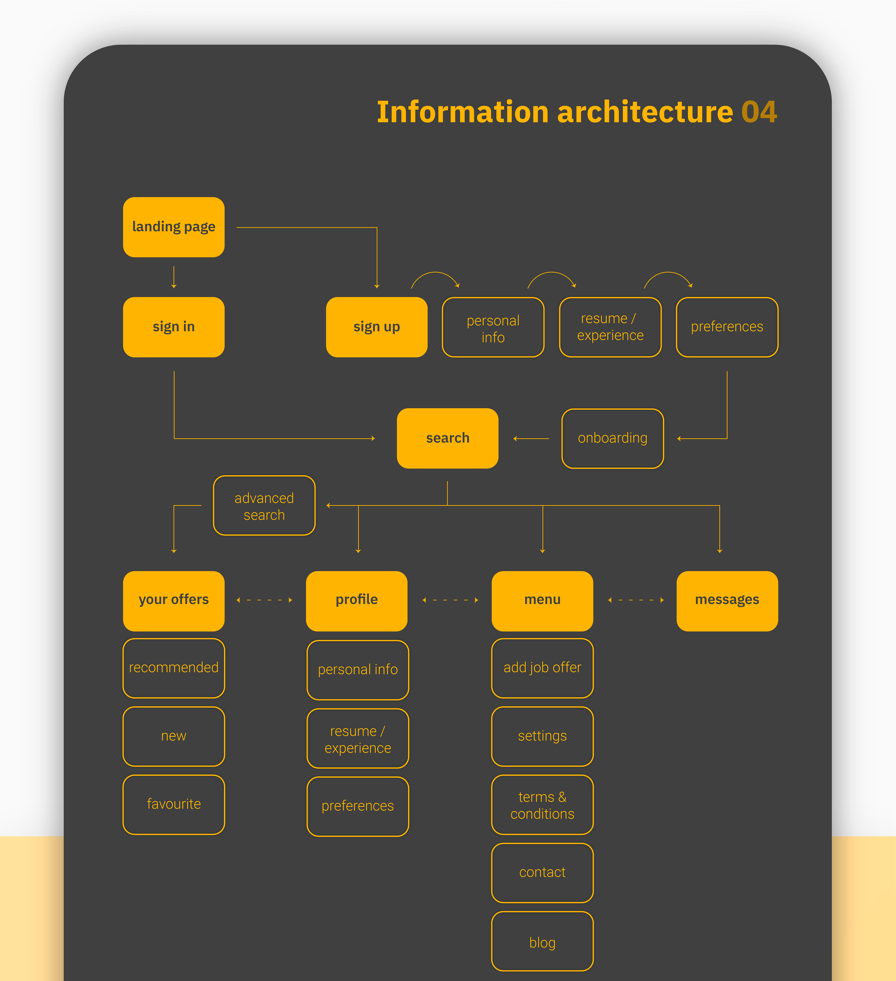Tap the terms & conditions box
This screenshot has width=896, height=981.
pyautogui.click(x=542, y=805)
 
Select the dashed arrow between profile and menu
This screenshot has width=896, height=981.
pyautogui.click(x=450, y=600)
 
